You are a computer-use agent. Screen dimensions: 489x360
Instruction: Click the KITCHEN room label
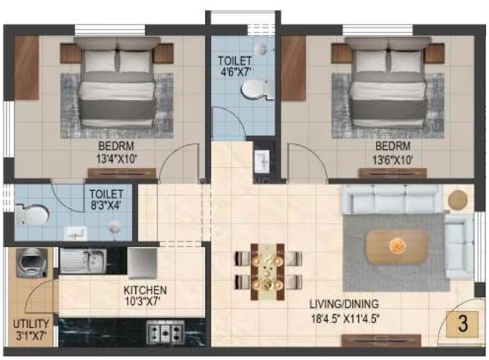(145, 290)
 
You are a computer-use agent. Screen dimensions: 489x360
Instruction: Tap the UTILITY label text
(31, 324)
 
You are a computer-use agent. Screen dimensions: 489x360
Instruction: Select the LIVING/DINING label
(345, 304)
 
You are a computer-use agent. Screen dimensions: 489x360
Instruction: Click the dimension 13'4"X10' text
(117, 159)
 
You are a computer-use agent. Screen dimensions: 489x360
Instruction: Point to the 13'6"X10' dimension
(393, 160)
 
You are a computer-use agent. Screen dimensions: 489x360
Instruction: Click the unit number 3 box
(462, 324)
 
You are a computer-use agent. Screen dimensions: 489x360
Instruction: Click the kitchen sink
(83, 261)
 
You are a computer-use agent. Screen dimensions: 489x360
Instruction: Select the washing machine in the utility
(31, 263)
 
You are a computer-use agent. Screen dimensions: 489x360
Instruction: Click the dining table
(268, 272)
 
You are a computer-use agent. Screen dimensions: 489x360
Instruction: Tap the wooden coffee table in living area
(397, 247)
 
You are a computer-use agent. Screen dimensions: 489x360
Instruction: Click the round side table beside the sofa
(458, 199)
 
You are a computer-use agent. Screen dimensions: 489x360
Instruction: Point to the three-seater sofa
(392, 199)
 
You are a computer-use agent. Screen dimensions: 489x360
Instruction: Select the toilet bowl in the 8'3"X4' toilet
(31, 214)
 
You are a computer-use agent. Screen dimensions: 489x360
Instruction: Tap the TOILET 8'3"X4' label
(107, 199)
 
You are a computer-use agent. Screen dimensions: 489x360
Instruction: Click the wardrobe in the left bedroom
(26, 68)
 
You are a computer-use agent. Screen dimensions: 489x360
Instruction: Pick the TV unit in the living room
(381, 340)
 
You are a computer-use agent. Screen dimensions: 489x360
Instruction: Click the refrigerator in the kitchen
(142, 263)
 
